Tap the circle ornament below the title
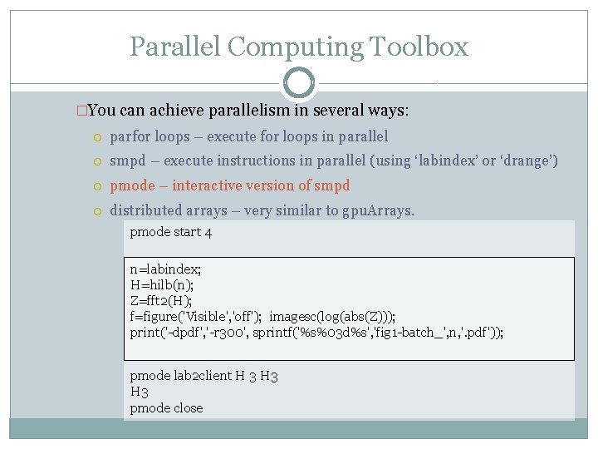click(x=299, y=82)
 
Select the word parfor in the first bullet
click(x=129, y=136)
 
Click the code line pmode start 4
click(x=171, y=232)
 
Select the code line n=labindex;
click(x=166, y=269)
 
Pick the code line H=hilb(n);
click(x=162, y=285)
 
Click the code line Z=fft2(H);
click(x=161, y=301)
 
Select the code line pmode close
click(x=166, y=407)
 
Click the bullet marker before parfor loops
click(x=98, y=136)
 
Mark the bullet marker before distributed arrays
click(x=98, y=211)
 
